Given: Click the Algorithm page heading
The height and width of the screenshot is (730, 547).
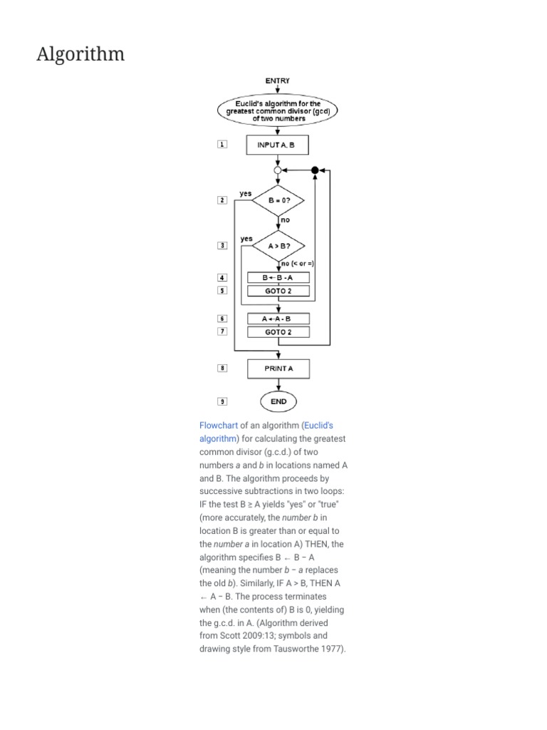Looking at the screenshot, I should tap(80, 54).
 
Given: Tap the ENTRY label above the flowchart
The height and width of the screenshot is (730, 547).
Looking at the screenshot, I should tap(278, 81).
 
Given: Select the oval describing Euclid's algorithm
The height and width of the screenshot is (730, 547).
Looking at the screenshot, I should tap(278, 111).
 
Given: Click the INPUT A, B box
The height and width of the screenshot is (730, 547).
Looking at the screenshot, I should tap(278, 145).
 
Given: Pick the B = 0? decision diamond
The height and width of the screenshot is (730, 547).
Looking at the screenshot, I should tap(278, 201).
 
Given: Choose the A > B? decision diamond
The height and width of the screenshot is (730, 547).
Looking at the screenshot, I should tap(278, 246).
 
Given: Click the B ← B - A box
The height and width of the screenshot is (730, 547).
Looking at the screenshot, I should tap(278, 277).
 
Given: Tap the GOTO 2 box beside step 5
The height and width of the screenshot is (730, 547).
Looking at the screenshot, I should tap(278, 291).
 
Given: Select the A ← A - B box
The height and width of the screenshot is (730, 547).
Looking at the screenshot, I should tap(278, 319).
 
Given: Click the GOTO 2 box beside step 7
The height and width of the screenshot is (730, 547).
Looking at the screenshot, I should tap(278, 332).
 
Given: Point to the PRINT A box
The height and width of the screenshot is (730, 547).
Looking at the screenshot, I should tap(278, 369).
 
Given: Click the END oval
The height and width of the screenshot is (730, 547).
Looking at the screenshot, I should tap(278, 402).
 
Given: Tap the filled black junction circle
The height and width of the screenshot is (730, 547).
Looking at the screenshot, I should tap(314, 170).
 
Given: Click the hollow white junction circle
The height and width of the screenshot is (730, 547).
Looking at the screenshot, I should tap(278, 170).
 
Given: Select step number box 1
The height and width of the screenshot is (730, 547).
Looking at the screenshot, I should tap(222, 145).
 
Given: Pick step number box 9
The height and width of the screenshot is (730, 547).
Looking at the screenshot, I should tap(222, 402).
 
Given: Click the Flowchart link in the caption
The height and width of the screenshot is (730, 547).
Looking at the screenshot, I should tap(219, 426).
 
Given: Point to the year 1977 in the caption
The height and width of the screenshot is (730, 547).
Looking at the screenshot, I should tap(333, 649).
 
